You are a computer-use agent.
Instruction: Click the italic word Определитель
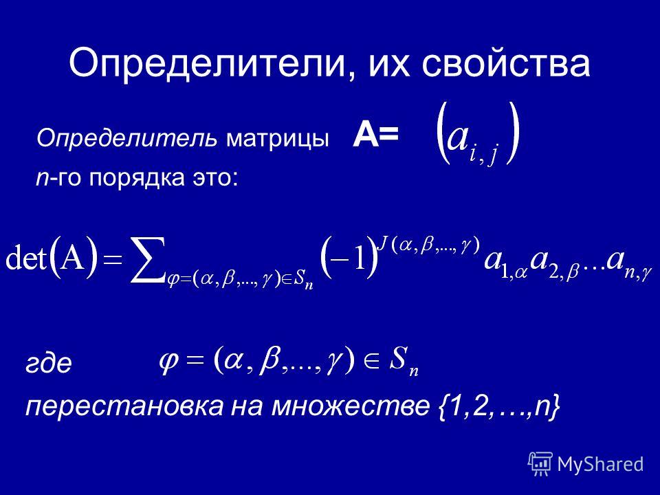[x=127, y=139]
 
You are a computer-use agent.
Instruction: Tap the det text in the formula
[x=25, y=259]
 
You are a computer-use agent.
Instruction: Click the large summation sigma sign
[x=147, y=259]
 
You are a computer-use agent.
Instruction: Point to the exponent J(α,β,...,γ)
[x=429, y=245]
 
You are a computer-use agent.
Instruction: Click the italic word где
[x=49, y=364]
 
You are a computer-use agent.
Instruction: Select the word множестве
[x=350, y=406]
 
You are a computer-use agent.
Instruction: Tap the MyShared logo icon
[x=540, y=465]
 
